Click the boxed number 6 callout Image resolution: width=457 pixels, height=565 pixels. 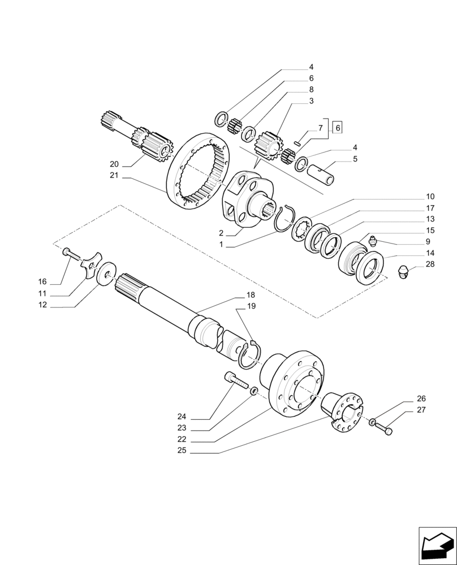(338, 128)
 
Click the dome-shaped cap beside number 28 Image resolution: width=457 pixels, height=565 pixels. (404, 272)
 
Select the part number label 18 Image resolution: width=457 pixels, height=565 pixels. (251, 295)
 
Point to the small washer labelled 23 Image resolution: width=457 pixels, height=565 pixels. (254, 390)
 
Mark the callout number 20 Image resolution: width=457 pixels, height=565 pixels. (114, 164)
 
